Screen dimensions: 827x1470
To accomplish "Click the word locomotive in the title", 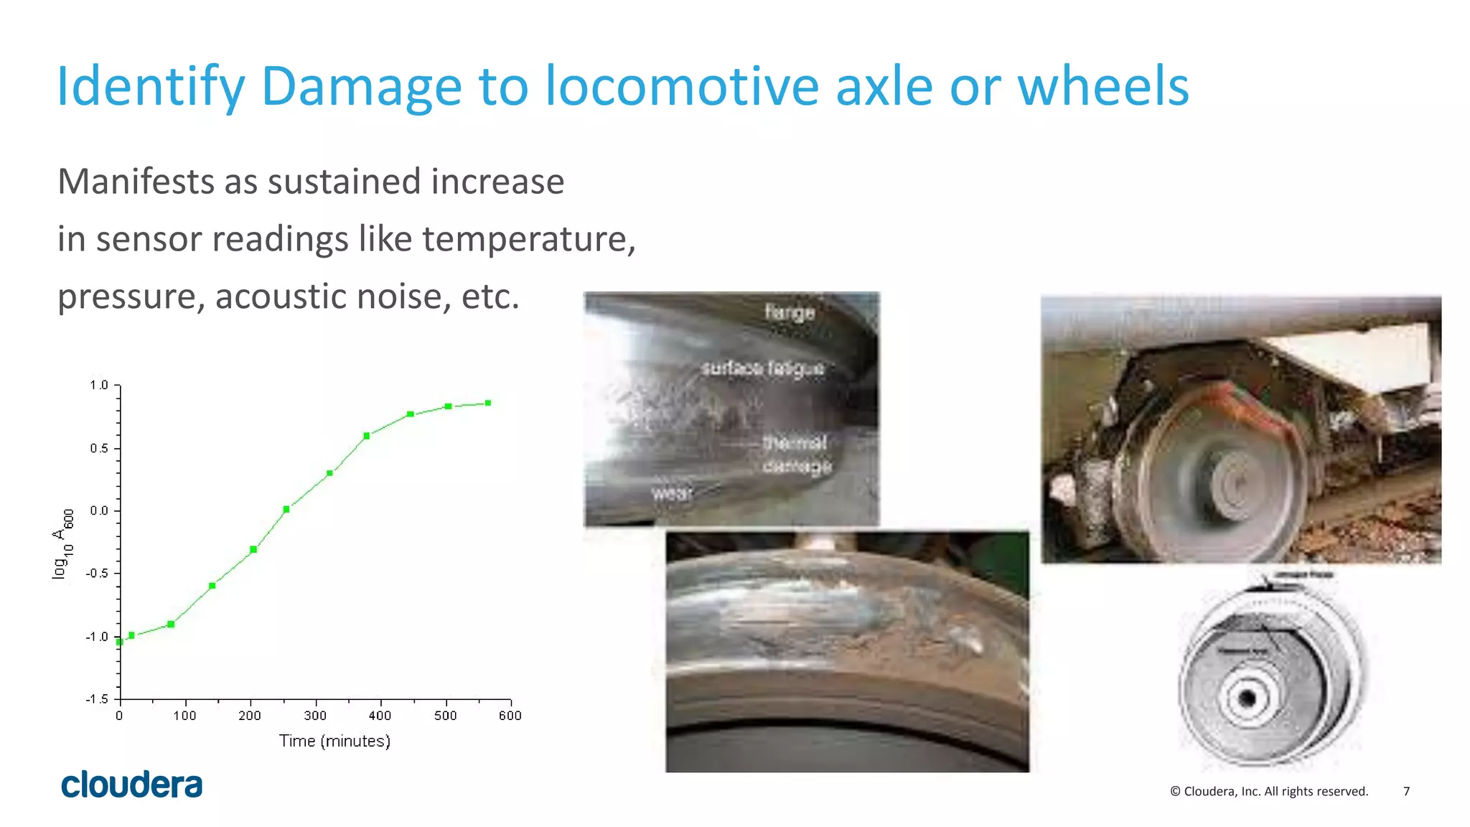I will pos(681,86).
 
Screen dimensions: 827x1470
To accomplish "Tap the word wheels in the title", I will pos(1103,86).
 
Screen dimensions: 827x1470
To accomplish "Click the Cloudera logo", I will pos(132,785).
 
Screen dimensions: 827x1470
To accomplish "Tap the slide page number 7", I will pos(1406,791).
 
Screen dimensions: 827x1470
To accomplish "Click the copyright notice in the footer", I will pos(1269,791).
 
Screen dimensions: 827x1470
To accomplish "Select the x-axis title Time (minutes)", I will pos(334,741).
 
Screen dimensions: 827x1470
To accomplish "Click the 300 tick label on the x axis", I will pos(315,716).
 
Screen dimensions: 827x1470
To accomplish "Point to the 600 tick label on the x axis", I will pos(510,716).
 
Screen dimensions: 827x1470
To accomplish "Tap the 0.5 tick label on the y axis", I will pos(99,449).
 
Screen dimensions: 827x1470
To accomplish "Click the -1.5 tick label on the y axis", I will pos(98,699).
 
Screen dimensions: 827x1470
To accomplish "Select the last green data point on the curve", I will pos(488,403).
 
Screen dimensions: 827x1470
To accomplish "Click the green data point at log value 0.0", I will pos(286,510).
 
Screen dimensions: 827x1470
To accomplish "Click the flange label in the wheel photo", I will pos(790,312).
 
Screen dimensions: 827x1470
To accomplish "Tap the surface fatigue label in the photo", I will pos(762,368).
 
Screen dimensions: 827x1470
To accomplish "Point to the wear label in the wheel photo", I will pos(672,493).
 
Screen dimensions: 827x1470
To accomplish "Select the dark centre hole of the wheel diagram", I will pos(1247,698).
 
